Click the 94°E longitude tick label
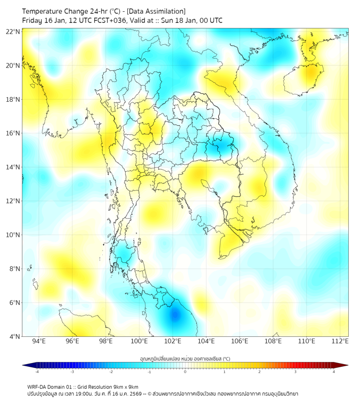click(x=39, y=341)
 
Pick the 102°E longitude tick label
click(x=173, y=341)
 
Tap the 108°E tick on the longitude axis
click(x=273, y=341)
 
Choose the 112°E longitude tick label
click(x=340, y=341)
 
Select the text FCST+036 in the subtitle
click(x=107, y=20)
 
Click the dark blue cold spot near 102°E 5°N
click(x=175, y=315)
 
